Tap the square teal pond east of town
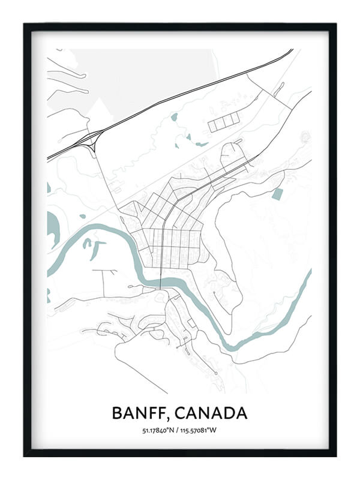point(277,194)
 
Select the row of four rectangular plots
point(223,122)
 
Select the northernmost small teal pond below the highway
point(174,117)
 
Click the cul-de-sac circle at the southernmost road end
point(215,374)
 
